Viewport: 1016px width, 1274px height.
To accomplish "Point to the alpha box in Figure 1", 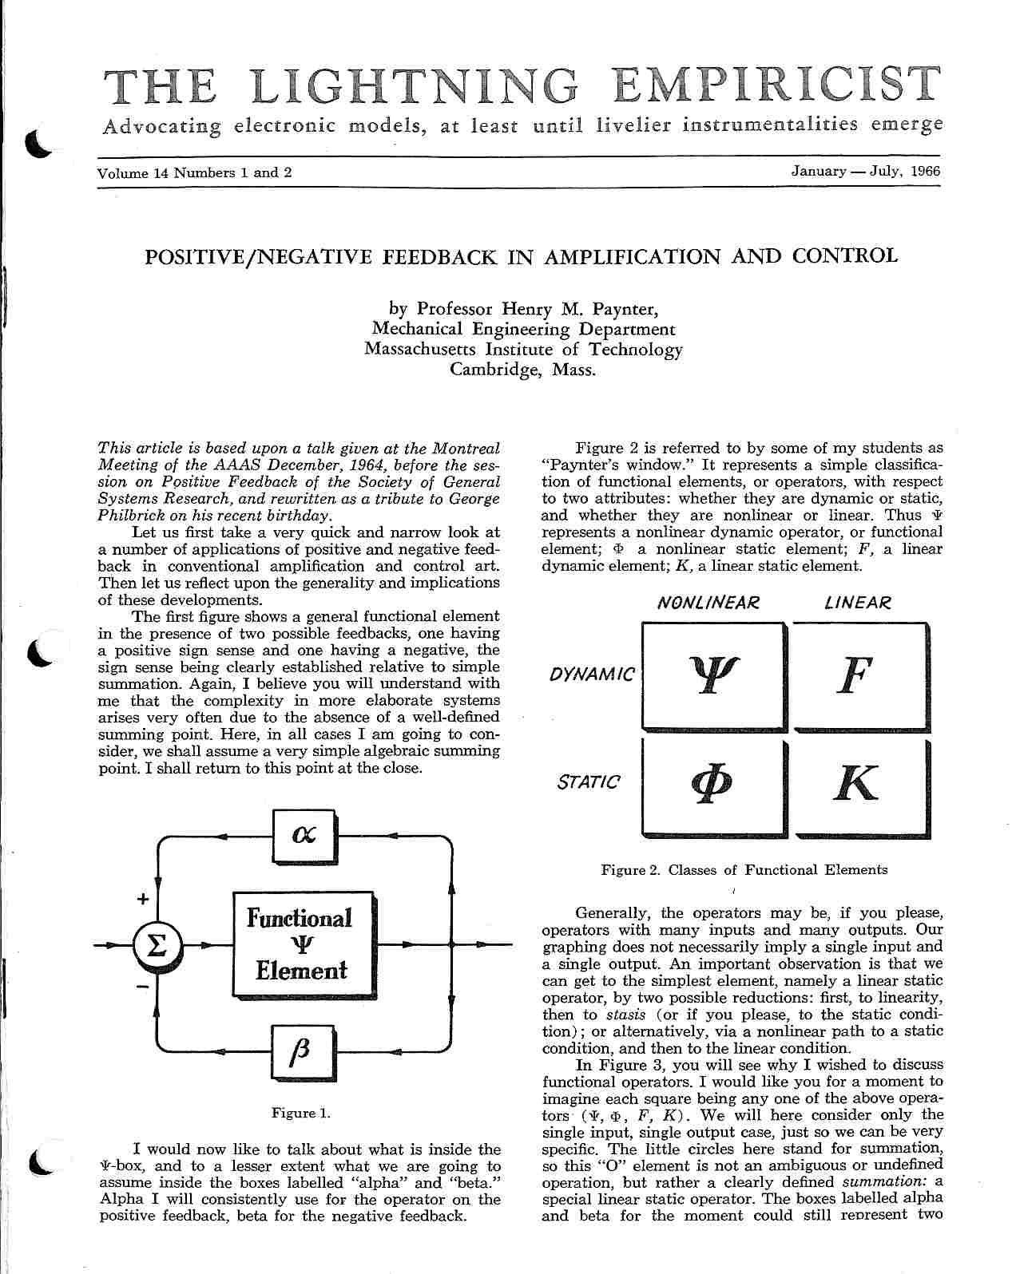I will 304,835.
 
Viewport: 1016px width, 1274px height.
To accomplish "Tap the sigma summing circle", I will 158,946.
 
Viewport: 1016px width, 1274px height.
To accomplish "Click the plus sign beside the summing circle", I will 143,899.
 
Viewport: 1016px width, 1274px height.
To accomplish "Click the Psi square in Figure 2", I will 712,675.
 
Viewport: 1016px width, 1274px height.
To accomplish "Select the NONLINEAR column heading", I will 708,603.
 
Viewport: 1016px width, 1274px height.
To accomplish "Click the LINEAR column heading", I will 857,603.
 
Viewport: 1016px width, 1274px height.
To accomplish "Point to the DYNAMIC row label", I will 592,675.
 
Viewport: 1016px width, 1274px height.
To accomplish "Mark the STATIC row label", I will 588,782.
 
